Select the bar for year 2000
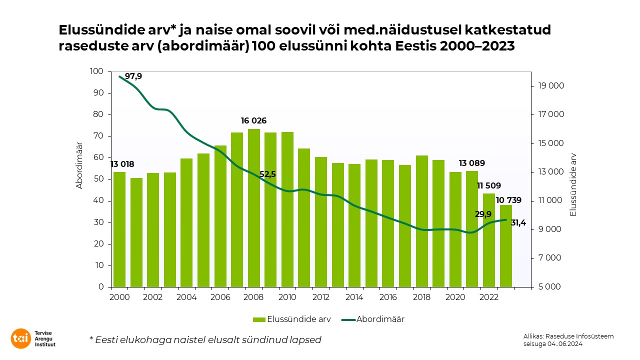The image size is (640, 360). pyautogui.click(x=119, y=229)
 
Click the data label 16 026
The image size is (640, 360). pyautogui.click(x=253, y=121)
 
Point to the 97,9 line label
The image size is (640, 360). pyautogui.click(x=133, y=76)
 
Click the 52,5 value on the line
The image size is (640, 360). pyautogui.click(x=267, y=174)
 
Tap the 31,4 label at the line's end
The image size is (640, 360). pyautogui.click(x=518, y=222)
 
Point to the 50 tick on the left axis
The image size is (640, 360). pyautogui.click(x=98, y=179)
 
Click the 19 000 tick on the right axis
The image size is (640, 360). pyautogui.click(x=551, y=86)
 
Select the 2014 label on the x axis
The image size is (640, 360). pyautogui.click(x=354, y=297)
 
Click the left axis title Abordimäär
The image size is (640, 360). pyautogui.click(x=79, y=165)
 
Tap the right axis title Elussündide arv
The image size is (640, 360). pyautogui.click(x=573, y=184)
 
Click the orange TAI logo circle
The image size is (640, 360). pyautogui.click(x=21, y=338)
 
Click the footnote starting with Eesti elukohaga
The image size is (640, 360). pyautogui.click(x=205, y=339)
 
